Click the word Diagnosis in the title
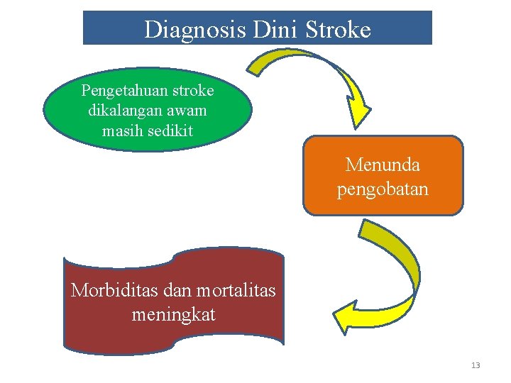point(187,29)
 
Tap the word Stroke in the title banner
point(338,29)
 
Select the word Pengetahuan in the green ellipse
point(123,91)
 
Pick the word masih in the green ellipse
point(121,131)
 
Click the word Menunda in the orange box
point(383,165)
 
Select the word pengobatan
point(383,190)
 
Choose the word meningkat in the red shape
point(173,313)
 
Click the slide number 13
point(476,365)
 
